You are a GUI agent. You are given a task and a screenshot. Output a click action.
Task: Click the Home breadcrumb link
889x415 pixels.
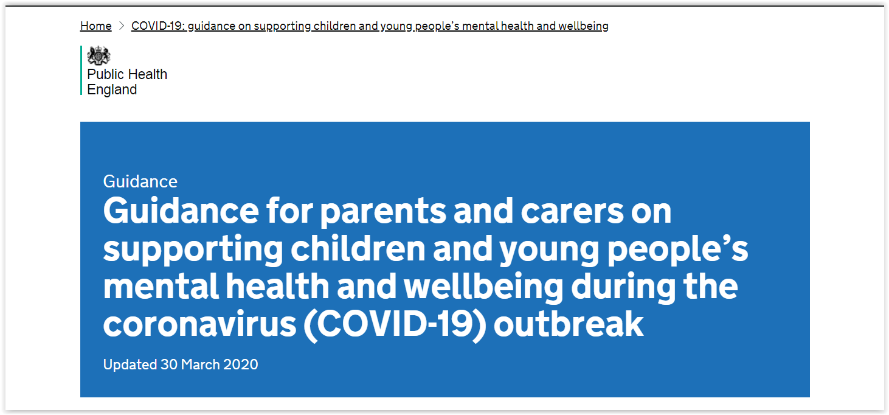click(95, 26)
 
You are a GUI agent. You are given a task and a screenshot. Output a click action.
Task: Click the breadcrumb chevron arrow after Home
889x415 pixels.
click(122, 26)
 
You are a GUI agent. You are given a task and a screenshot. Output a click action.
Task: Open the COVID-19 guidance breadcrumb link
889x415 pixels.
click(370, 26)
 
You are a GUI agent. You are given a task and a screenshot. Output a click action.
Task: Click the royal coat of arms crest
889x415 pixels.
click(99, 55)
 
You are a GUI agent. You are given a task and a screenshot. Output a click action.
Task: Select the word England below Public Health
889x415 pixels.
click(112, 89)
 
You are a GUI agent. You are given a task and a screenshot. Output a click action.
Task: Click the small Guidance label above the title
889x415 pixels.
click(140, 181)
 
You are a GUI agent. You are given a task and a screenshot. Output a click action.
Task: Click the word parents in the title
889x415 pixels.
click(383, 212)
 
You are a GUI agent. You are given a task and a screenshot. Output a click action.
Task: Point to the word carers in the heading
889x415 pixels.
click(572, 211)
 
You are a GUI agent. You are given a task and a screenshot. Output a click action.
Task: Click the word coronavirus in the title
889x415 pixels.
click(199, 324)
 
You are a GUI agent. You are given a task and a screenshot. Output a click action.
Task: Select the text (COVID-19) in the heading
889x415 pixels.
click(395, 324)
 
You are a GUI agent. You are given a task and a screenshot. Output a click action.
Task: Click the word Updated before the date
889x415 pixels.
click(130, 364)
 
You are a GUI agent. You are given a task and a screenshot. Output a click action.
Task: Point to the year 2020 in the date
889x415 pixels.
click(241, 364)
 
